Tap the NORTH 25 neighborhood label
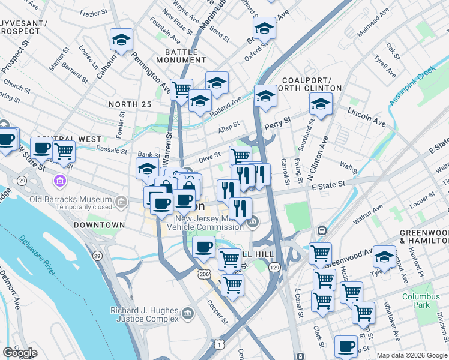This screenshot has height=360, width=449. (x=130, y=104)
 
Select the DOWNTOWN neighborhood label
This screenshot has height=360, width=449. (x=99, y=225)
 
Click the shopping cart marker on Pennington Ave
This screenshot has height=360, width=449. (x=181, y=89)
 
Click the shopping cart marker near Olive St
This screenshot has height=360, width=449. (x=240, y=156)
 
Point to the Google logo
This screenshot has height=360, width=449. (x=20, y=353)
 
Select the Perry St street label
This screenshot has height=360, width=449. (x=279, y=122)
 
